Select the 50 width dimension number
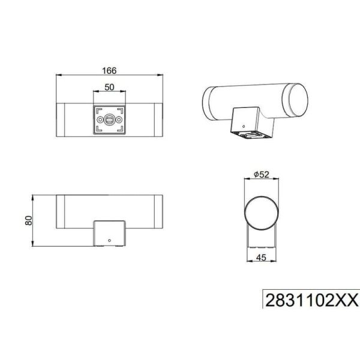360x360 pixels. coord(110,87)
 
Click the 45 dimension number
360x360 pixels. coord(260,257)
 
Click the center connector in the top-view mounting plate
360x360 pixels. coord(110,119)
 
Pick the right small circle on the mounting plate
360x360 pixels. coord(120,119)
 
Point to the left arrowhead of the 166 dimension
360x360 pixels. coord(58,75)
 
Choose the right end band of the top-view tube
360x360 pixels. coord(158,119)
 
